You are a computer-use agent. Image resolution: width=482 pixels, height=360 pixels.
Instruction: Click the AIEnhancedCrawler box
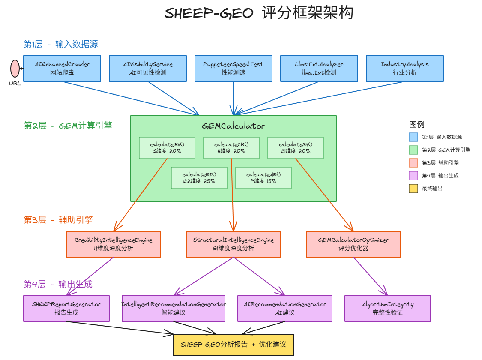coord(62,69)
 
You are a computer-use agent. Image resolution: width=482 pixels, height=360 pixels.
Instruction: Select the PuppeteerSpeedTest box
coord(234,69)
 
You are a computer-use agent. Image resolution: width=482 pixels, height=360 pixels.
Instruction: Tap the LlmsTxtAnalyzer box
coord(319,69)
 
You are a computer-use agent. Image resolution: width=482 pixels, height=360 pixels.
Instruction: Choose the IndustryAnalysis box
coord(405,69)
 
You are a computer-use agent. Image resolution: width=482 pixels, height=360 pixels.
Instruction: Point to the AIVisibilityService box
coord(148,69)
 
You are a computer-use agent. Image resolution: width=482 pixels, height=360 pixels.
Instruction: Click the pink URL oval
coord(15,69)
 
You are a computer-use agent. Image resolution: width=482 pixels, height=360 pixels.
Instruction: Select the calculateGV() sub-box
coord(167,148)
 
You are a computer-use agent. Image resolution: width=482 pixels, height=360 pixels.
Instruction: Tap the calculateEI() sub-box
coord(199,178)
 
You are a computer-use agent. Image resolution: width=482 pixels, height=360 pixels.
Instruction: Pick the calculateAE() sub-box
coord(263,178)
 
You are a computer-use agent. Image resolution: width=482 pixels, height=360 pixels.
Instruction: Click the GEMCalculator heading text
coord(234,126)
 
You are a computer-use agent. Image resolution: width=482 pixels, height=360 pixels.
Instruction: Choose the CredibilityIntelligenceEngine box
coord(114,244)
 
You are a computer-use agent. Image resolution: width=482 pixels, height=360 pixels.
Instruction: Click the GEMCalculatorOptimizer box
coord(353,244)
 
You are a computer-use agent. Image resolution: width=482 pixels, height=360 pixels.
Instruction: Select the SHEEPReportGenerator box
coord(66,309)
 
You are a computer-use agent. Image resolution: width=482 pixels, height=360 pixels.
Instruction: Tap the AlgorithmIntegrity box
coord(388,309)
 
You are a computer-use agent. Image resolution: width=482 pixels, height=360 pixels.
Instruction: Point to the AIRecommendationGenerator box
coord(285,309)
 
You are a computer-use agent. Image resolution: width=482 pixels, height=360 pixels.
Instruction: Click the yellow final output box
coord(234,345)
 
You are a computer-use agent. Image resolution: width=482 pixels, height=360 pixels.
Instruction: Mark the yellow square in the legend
coord(413,189)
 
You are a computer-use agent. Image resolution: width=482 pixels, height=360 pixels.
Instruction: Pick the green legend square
coord(413,150)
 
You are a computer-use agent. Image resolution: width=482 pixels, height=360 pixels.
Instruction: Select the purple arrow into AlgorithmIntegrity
coord(371,276)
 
